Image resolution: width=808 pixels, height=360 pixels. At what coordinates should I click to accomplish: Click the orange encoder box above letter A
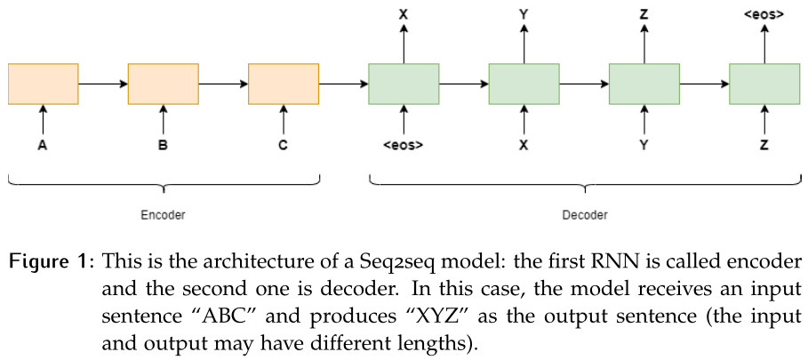click(43, 84)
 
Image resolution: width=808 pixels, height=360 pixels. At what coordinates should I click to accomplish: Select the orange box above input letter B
click(164, 84)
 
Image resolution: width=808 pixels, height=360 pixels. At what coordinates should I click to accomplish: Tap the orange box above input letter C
click(284, 84)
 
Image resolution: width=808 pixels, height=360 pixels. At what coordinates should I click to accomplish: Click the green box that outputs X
click(404, 84)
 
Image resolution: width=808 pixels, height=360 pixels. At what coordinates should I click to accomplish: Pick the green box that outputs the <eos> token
click(764, 84)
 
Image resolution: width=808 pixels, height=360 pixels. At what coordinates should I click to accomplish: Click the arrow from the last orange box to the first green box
click(343, 84)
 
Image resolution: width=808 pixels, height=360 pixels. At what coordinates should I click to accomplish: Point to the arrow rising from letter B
click(164, 118)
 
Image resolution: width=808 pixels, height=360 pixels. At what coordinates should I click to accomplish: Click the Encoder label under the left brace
click(163, 215)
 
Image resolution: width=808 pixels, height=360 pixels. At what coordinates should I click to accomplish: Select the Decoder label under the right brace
click(585, 215)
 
